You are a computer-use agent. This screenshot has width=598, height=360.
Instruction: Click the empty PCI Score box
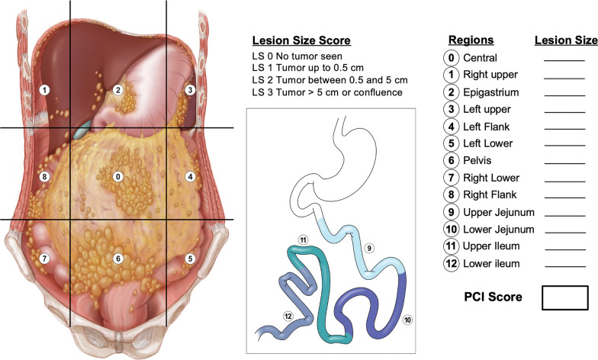[564, 297]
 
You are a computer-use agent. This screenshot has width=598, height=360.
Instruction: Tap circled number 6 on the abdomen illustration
[117, 259]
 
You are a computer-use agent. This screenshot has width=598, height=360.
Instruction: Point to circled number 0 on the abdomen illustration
[117, 177]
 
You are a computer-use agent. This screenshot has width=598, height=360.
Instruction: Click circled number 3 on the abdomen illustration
[191, 90]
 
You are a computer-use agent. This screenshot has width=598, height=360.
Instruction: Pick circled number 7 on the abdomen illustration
[45, 259]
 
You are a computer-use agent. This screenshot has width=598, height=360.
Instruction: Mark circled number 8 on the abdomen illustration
[45, 177]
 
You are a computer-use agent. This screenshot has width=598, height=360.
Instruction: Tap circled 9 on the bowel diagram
[368, 248]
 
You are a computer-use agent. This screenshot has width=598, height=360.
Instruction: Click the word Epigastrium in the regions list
[488, 92]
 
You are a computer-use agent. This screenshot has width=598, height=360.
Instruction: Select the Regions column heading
[471, 40]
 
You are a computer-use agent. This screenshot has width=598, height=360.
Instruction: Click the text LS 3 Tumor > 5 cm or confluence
[328, 92]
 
